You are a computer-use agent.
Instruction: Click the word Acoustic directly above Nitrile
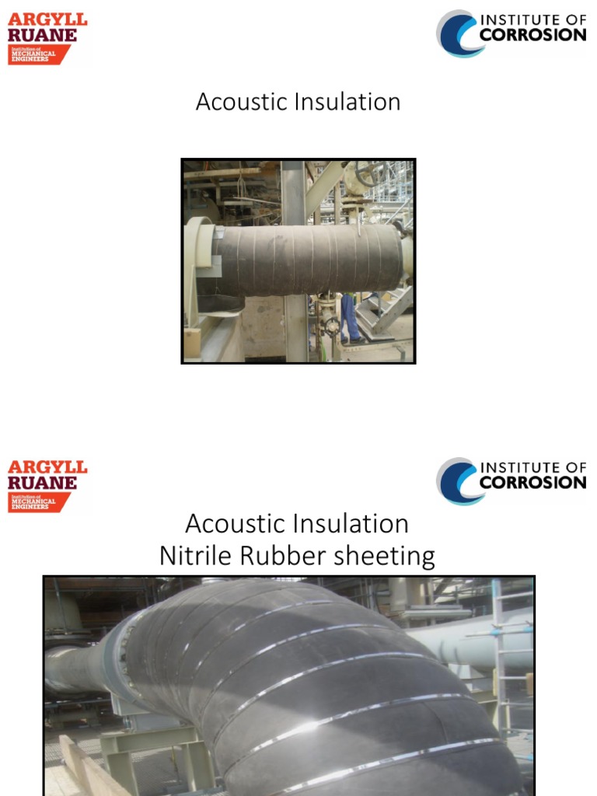point(230,524)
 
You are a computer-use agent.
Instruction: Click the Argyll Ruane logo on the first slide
point(47,37)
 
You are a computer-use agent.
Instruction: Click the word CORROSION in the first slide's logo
point(532,35)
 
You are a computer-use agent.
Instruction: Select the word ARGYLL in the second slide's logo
point(47,467)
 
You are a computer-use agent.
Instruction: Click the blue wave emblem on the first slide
point(457,33)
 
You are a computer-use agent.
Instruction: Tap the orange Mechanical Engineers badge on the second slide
point(37,502)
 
